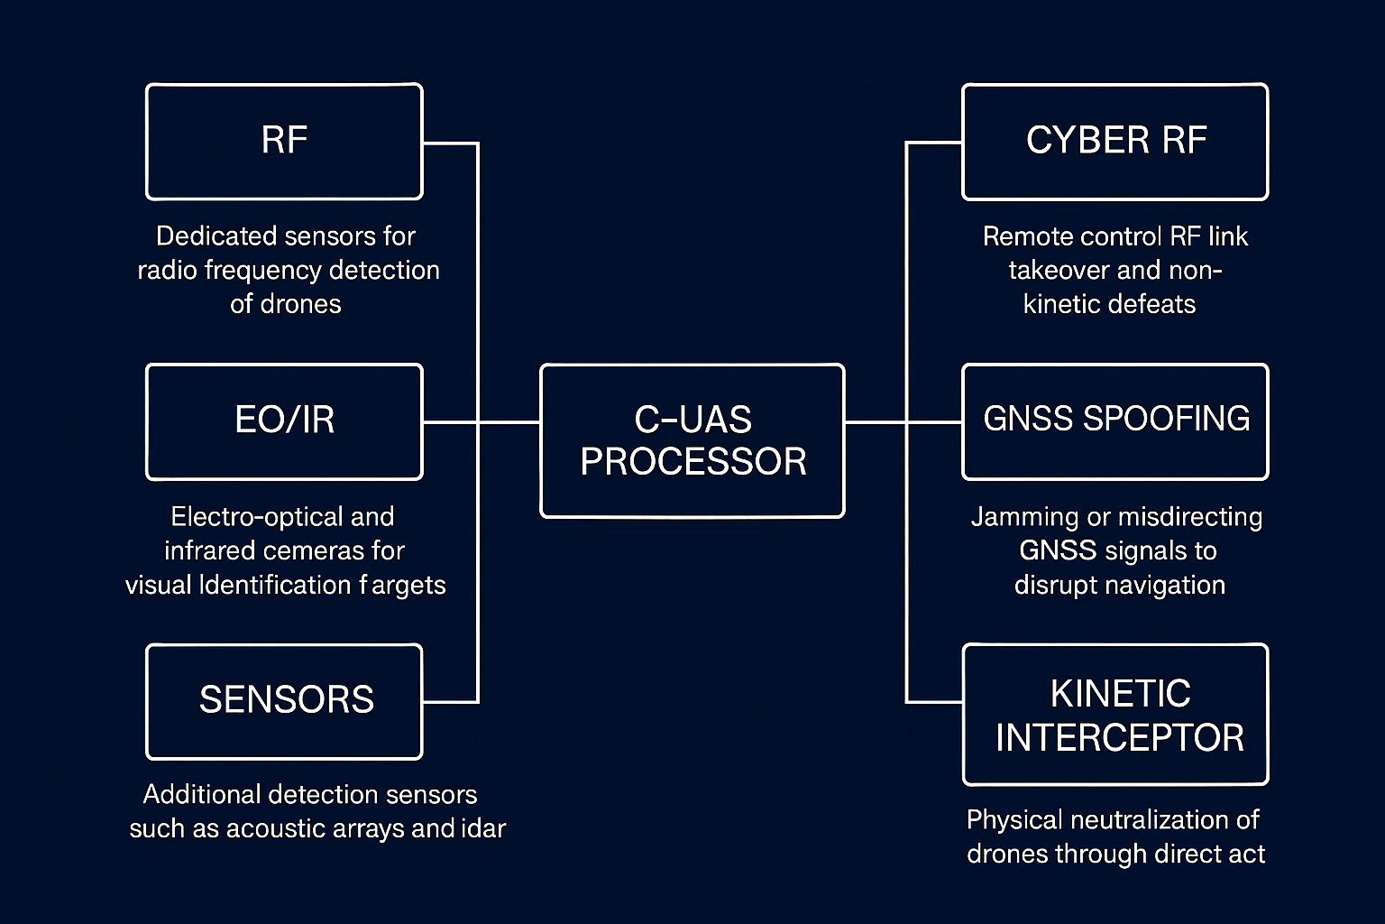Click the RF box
tap(284, 142)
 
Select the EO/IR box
tap(284, 421)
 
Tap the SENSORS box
tap(284, 701)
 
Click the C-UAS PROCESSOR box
tap(692, 440)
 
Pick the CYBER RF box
tap(1115, 142)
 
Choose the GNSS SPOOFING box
tap(1115, 421)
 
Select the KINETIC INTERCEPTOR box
tap(1115, 715)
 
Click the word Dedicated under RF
tap(215, 236)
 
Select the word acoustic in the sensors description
tap(280, 828)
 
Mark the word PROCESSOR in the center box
tap(692, 462)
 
